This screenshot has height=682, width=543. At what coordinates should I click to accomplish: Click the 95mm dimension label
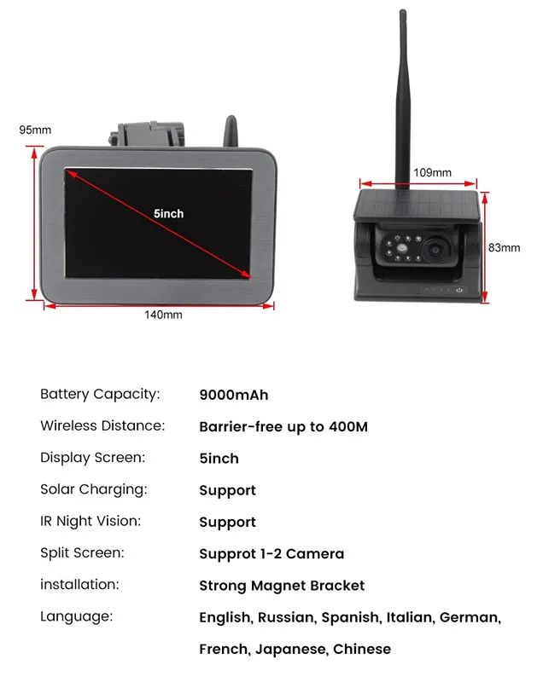pyautogui.click(x=35, y=130)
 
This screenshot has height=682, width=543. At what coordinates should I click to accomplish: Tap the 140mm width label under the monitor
pyautogui.click(x=163, y=315)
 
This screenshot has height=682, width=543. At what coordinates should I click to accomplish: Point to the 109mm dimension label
pyautogui.click(x=432, y=172)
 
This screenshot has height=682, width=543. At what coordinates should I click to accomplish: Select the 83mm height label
pyautogui.click(x=504, y=247)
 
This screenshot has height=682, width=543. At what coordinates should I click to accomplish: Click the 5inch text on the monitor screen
pyautogui.click(x=168, y=214)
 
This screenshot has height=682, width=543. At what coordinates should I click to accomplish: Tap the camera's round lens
pyautogui.click(x=435, y=250)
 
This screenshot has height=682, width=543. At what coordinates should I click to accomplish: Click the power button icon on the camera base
pyautogui.click(x=459, y=290)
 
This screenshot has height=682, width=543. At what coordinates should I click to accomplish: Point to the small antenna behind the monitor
pyautogui.click(x=231, y=131)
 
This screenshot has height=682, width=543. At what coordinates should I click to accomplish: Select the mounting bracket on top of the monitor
pyautogui.click(x=147, y=134)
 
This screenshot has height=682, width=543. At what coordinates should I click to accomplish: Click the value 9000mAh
pyautogui.click(x=234, y=395)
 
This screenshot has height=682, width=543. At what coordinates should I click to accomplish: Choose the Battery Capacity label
pyautogui.click(x=100, y=394)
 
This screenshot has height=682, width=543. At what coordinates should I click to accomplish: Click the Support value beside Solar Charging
pyautogui.click(x=227, y=491)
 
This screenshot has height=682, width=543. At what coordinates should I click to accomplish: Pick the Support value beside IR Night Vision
pyautogui.click(x=227, y=523)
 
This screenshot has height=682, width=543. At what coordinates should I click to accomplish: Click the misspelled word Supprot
pyautogui.click(x=228, y=554)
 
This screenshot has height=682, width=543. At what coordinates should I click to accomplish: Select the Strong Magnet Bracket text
pyautogui.click(x=282, y=586)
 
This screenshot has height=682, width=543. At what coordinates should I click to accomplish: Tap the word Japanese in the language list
pyautogui.click(x=291, y=650)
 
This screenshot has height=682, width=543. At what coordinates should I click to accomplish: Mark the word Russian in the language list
pyautogui.click(x=287, y=617)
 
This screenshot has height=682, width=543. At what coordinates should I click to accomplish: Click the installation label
pyautogui.click(x=79, y=584)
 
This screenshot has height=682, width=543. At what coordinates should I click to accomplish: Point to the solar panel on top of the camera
pyautogui.click(x=417, y=204)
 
